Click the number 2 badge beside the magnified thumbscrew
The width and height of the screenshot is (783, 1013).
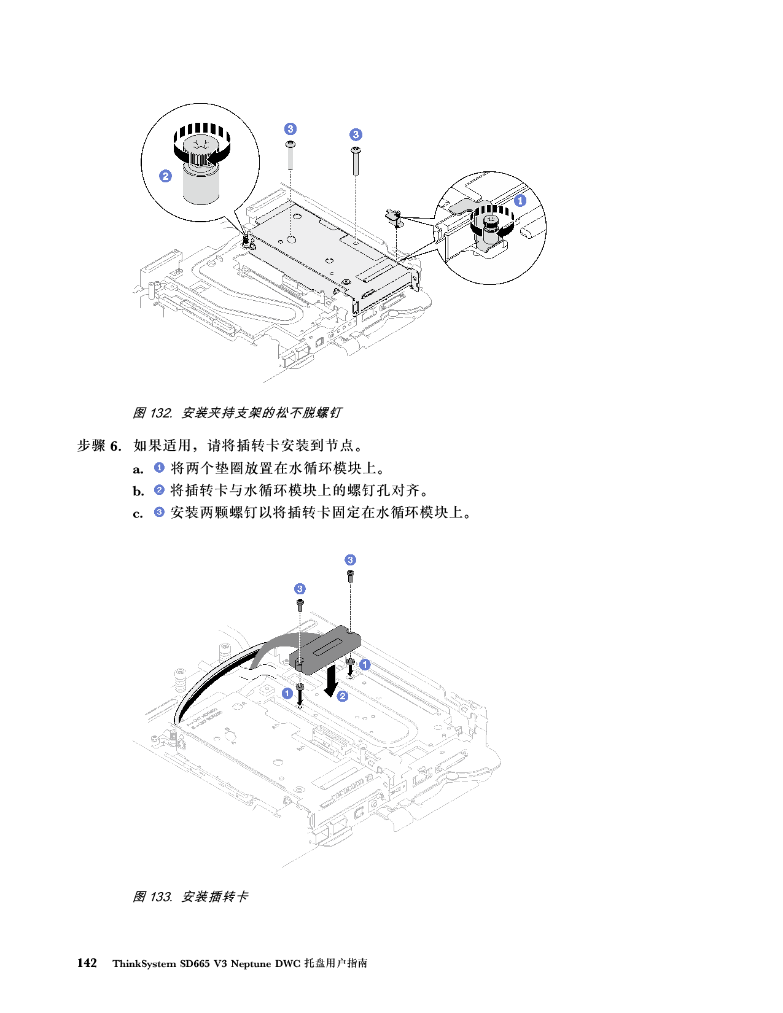tap(165, 176)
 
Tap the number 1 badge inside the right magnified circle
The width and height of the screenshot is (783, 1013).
tap(520, 200)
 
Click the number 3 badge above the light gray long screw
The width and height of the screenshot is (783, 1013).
tap(290, 129)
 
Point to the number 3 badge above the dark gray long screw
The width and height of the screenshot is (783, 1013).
tap(356, 134)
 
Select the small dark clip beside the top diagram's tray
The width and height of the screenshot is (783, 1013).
tap(393, 215)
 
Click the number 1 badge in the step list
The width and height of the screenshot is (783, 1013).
tap(159, 468)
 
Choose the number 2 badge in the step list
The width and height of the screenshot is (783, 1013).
tap(159, 490)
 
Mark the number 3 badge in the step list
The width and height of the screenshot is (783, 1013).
tap(159, 511)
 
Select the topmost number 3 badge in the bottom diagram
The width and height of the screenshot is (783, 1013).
tap(350, 560)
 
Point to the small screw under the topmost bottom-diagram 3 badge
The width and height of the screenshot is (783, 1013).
tap(350, 576)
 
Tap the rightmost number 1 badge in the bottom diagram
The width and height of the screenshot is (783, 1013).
tap(365, 664)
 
